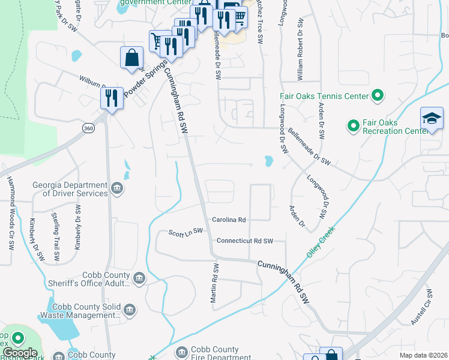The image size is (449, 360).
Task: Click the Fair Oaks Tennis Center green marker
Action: (378, 95)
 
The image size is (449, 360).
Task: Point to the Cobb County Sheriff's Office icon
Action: (139, 278)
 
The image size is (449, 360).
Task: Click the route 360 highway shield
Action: (88, 128)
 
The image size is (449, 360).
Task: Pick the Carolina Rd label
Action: (229, 220)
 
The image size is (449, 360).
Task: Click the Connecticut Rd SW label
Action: (244, 241)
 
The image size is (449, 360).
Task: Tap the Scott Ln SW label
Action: (186, 232)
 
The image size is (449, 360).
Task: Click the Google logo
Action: (20, 353)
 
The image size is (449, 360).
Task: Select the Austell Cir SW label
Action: (423, 308)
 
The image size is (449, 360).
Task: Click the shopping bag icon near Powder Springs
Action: (131, 58)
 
